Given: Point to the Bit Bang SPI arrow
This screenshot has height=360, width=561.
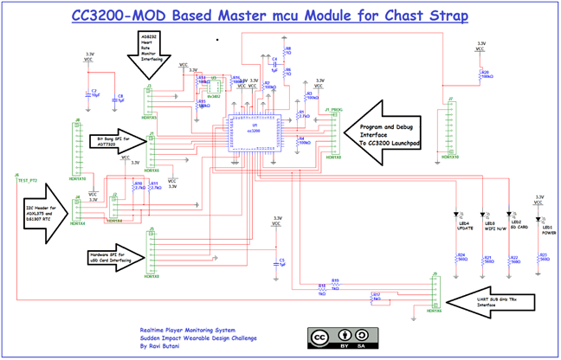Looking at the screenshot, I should tap(116, 140).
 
